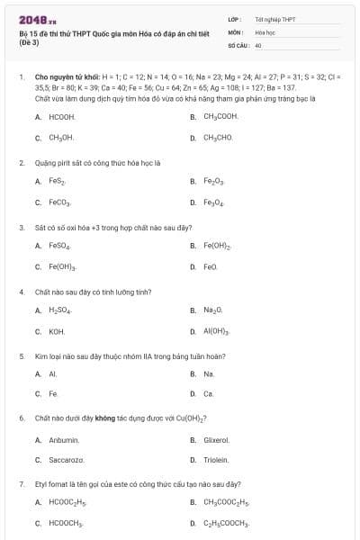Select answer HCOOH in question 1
point(61,117)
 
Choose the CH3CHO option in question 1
point(218,138)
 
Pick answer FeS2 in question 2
point(57,181)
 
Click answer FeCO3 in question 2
point(59,202)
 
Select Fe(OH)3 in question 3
point(62,266)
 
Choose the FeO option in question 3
point(210,266)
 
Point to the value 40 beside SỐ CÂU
point(258,44)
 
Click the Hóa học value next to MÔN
point(265,31)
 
